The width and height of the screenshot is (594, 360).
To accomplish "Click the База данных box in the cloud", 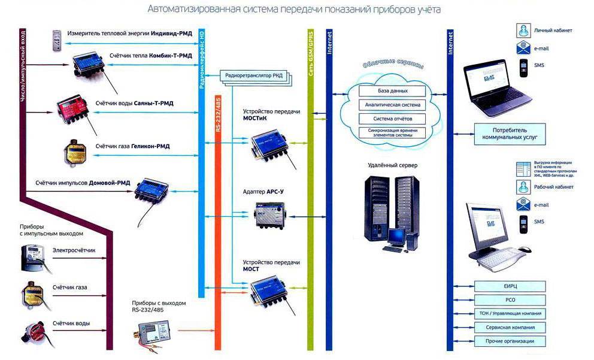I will coord(393,91).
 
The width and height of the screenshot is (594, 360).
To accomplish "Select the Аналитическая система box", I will coord(393,105).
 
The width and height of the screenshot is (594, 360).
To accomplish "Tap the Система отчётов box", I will coord(393,118).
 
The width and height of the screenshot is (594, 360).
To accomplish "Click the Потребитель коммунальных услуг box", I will coord(510,133).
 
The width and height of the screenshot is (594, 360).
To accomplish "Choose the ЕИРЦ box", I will coord(510,286).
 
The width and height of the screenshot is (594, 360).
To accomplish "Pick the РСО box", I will coord(510,300).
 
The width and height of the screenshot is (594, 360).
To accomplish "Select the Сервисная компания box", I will coord(510,328).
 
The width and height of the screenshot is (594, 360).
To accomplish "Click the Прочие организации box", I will coord(510,341).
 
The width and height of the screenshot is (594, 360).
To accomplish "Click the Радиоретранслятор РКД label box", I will coord(256,75).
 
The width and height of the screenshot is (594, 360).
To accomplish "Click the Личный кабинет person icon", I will coord(523,29).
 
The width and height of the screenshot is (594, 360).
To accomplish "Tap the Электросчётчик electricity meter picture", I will coord(34,255).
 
